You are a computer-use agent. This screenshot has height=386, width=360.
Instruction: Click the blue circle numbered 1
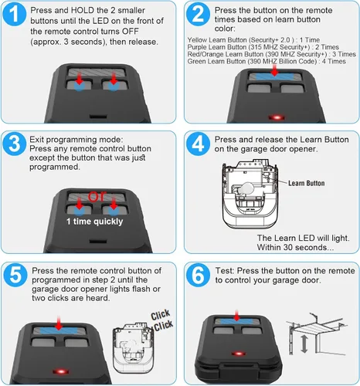(15, 14)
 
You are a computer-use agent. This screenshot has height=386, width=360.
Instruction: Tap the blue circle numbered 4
(198, 144)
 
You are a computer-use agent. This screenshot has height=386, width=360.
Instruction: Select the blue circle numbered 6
(198, 275)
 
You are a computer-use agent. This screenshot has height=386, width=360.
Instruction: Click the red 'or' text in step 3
(97, 196)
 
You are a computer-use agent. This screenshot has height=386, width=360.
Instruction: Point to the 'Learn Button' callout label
(306, 183)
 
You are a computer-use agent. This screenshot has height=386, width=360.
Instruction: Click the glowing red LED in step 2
(277, 117)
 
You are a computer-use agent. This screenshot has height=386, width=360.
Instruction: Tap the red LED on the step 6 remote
(239, 354)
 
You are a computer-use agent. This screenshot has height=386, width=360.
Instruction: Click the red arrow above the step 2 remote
(275, 70)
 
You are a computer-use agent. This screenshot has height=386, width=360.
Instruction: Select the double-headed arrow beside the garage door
(304, 344)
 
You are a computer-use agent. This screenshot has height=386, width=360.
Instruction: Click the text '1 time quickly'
(94, 222)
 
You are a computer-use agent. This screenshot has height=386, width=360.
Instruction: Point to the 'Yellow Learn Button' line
(253, 40)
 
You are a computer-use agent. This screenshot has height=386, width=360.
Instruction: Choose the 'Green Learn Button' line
(267, 61)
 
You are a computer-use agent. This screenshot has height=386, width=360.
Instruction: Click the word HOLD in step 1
(83, 10)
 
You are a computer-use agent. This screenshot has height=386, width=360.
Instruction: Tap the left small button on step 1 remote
(80, 84)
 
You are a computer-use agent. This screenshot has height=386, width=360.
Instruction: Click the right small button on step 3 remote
(114, 210)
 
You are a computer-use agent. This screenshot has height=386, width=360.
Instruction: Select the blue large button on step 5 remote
(59, 330)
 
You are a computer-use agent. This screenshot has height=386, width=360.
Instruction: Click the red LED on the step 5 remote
(61, 371)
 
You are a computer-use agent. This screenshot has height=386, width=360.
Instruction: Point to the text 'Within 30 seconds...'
(295, 247)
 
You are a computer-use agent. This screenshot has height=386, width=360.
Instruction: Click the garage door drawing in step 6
(319, 334)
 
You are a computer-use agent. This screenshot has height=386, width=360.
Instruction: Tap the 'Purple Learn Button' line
(263, 47)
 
